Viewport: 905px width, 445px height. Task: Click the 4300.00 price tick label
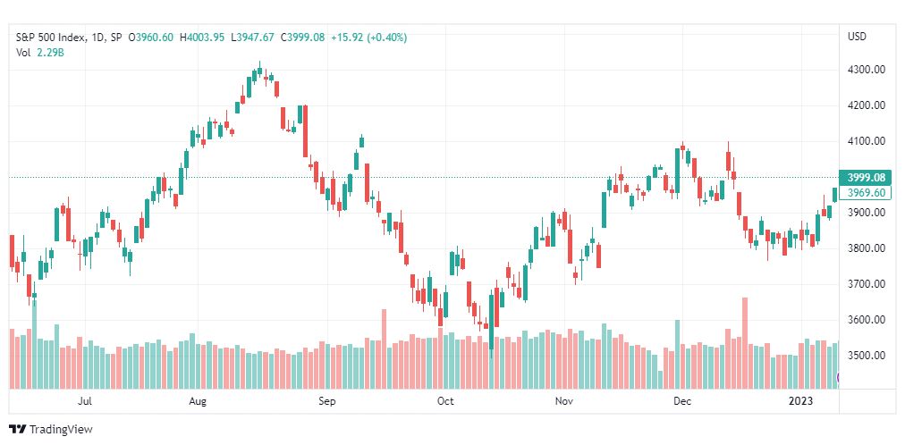point(867,70)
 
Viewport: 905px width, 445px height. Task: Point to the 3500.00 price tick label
point(867,356)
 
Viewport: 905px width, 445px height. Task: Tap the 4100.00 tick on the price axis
point(867,141)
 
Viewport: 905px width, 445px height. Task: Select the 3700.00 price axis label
point(867,284)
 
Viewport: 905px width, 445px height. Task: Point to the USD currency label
point(857,37)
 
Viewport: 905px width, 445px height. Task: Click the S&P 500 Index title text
point(51,38)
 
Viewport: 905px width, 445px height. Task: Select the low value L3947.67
point(251,38)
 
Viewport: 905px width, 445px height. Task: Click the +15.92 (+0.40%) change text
point(368,38)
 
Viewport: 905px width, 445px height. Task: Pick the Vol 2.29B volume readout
point(39,51)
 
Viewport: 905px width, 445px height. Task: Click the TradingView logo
point(51,430)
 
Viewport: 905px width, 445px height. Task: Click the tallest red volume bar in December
point(745,343)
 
